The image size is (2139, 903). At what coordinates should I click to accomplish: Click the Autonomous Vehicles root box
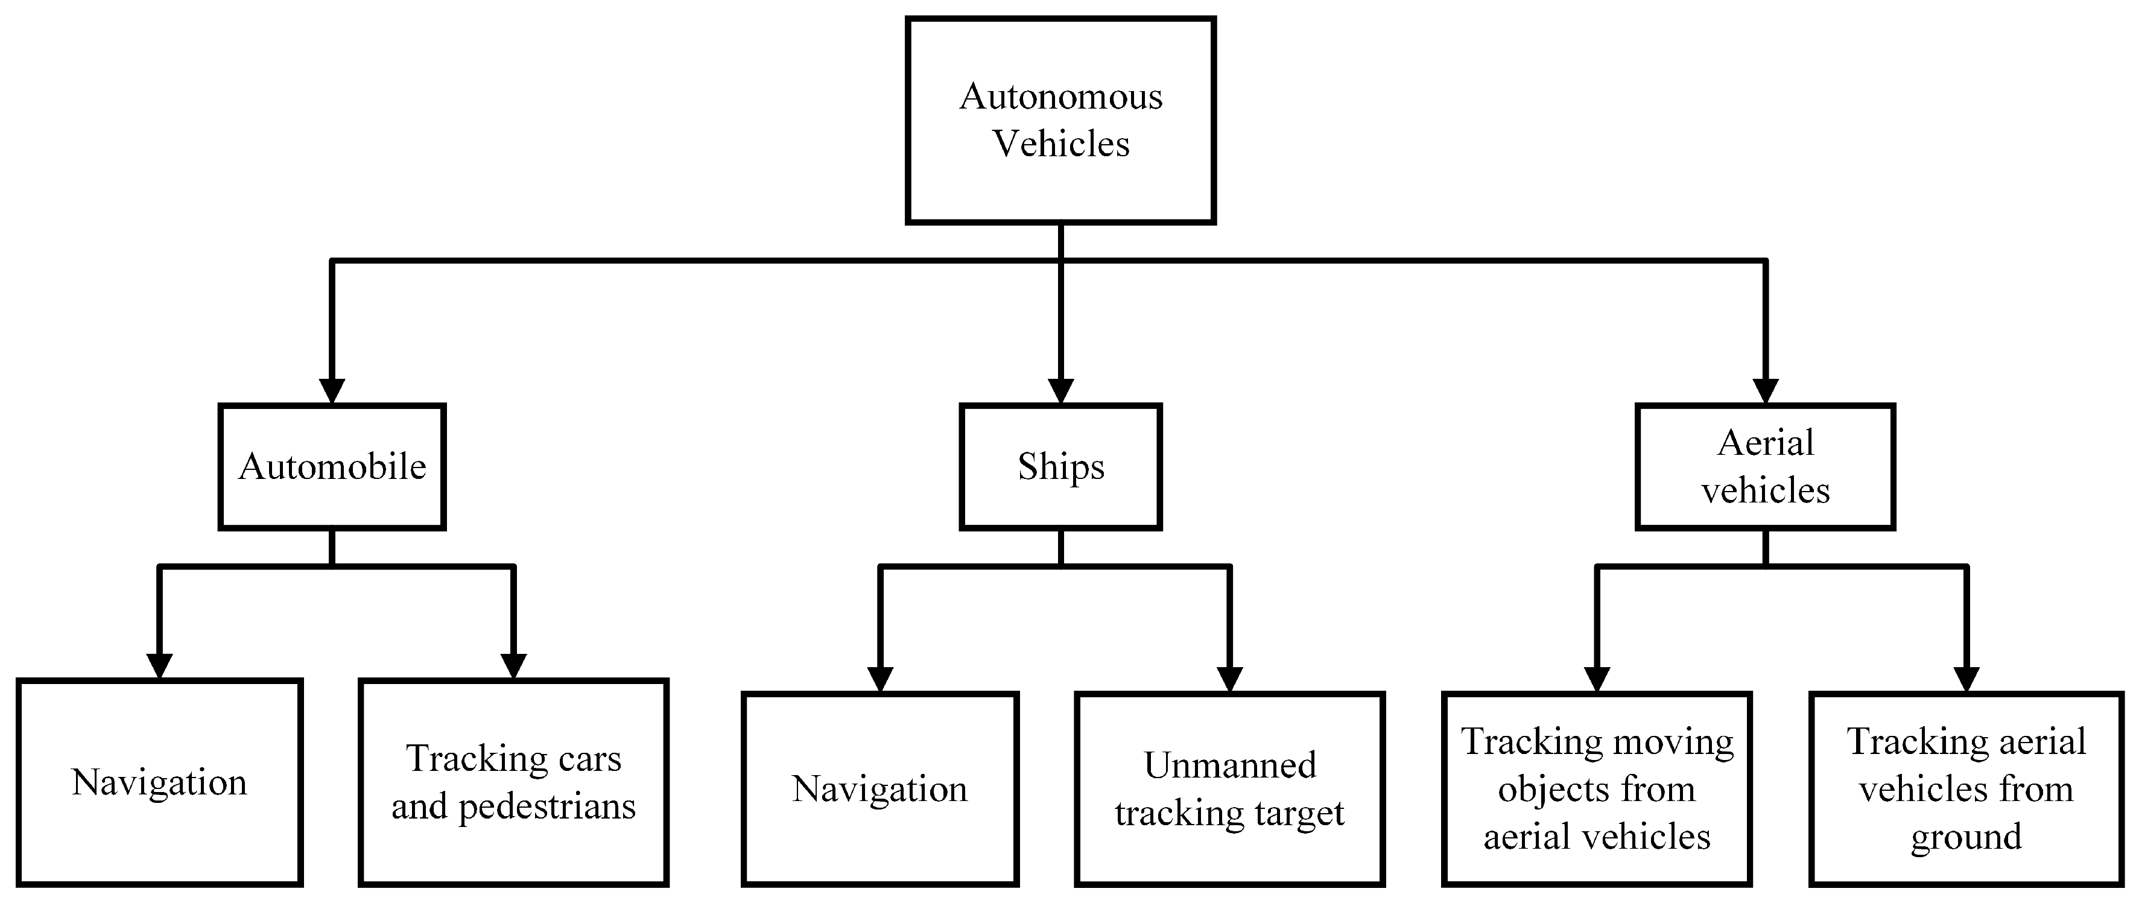pos(1060,121)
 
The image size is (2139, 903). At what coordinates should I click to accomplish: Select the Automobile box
pos(332,467)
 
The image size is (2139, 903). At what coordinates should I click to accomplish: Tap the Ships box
pos(1060,467)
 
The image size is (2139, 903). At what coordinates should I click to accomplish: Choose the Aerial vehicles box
pos(1766,467)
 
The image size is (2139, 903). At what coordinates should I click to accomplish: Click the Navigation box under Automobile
pos(159,782)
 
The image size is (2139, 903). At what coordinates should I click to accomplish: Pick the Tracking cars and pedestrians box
pos(513,782)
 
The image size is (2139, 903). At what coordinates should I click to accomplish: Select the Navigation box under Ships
pos(879,789)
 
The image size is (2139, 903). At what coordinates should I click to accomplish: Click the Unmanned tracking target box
pos(1230,789)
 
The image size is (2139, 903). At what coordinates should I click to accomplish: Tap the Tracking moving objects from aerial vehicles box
pos(1597,789)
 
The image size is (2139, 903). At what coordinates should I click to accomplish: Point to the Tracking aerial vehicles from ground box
pos(1965,789)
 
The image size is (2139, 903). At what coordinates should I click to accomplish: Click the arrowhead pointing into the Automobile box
pos(332,391)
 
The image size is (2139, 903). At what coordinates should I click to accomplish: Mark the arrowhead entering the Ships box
pos(1060,391)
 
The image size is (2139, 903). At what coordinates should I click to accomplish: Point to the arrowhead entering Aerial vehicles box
pos(1766,391)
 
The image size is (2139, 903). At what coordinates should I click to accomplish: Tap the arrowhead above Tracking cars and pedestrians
pos(513,667)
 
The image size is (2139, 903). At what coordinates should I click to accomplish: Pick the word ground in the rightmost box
pos(1965,837)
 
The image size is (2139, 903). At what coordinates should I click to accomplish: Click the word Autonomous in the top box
pos(1060,97)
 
